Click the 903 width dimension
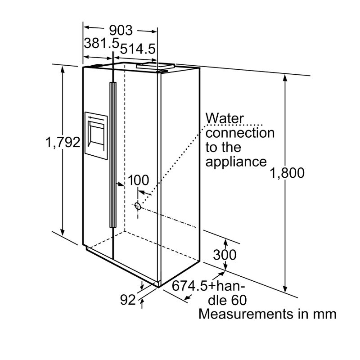[x=121, y=30]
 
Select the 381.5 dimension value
[x=102, y=43]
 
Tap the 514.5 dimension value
[x=138, y=49]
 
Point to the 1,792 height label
[x=63, y=142]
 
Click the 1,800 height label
[x=287, y=173]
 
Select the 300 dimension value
[x=225, y=255]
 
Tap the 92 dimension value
[x=128, y=300]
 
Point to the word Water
[x=224, y=118]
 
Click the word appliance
[x=236, y=162]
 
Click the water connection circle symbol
[x=138, y=206]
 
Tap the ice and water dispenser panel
[x=96, y=136]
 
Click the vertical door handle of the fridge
[x=113, y=154]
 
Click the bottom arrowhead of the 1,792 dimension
[x=63, y=232]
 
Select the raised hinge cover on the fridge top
[x=155, y=65]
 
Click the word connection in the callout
[x=240, y=133]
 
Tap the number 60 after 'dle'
[x=239, y=300]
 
